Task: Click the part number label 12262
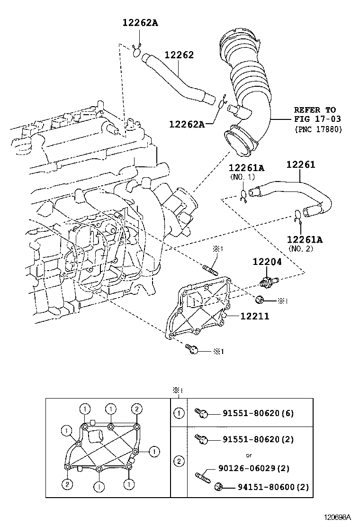179,55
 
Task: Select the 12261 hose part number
300,165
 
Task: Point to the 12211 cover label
254,316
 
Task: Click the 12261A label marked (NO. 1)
246,168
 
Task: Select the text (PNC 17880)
317,128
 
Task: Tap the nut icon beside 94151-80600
219,487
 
